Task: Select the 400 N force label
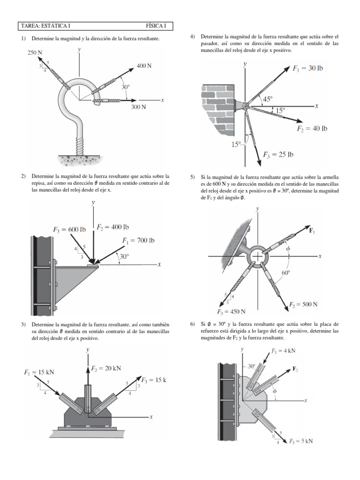144,66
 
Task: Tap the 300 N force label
138,107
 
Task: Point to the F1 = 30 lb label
308,68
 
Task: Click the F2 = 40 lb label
312,128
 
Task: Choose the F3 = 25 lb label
278,154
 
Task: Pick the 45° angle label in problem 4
268,99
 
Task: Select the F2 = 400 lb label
112,227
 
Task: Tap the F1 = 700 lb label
139,241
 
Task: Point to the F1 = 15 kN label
39,372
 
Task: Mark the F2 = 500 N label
303,304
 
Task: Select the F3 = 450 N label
232,312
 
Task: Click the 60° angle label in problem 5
285,272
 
